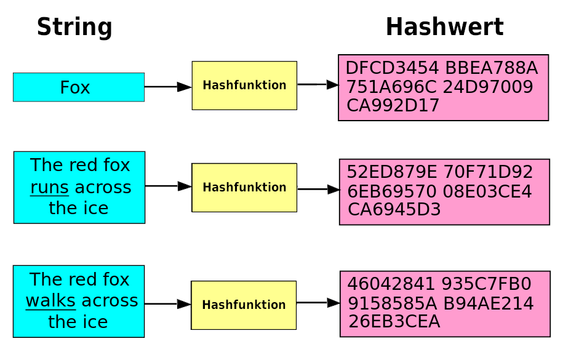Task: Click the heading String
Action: [x=74, y=28]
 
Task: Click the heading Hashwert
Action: [x=444, y=28]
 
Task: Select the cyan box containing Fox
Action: [x=79, y=87]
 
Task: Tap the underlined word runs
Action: [x=50, y=187]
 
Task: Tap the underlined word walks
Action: [x=50, y=301]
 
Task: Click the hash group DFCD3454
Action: [x=391, y=68]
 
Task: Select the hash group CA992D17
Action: [x=393, y=106]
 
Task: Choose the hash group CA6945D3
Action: [x=394, y=210]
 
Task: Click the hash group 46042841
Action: [x=393, y=284]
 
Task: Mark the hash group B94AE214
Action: [x=493, y=303]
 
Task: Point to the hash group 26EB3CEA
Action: [x=394, y=322]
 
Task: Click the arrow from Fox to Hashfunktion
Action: [x=168, y=87]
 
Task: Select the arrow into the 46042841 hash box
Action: [x=318, y=303]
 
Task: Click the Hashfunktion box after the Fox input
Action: [x=244, y=86]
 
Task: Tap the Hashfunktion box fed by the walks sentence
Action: [x=244, y=305]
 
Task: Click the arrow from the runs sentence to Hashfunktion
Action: [x=168, y=186]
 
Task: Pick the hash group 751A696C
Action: [x=392, y=87]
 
